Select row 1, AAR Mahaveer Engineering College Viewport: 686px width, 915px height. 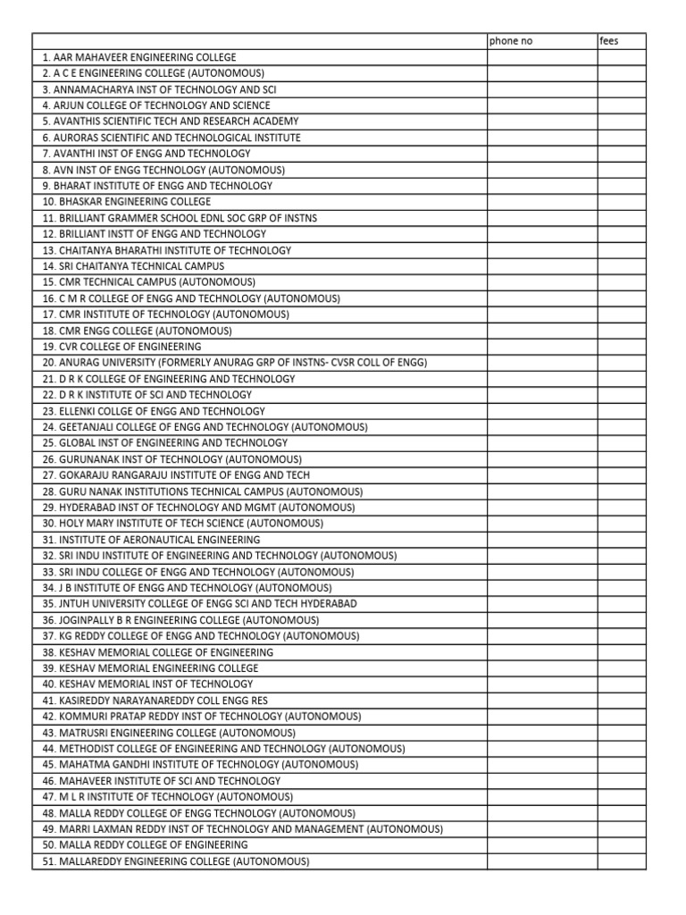(138, 57)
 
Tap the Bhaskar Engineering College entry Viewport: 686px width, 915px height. (126, 202)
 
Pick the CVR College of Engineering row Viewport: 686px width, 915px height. (121, 347)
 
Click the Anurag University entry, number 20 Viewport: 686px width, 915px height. (234, 363)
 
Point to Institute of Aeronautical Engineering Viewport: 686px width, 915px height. (151, 540)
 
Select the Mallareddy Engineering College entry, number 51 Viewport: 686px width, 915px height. (175, 861)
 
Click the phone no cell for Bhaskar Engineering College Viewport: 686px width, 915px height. (541, 202)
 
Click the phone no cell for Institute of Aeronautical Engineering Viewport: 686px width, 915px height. (541, 540)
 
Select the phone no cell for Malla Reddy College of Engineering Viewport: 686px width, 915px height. (541, 845)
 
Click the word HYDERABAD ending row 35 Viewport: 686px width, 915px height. (328, 604)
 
